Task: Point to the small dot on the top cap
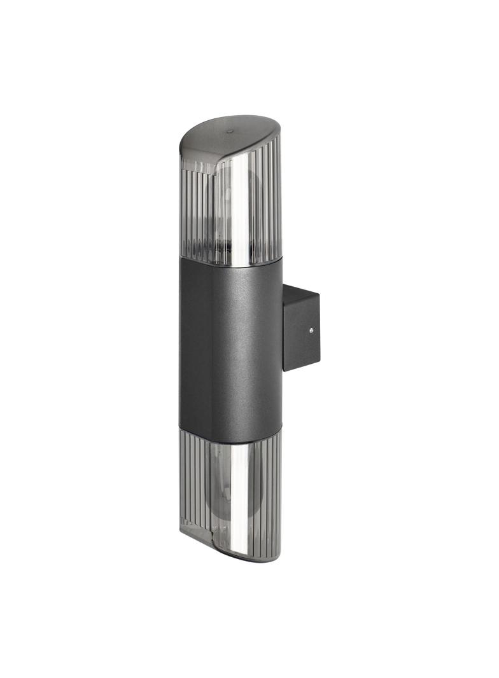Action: [230, 132]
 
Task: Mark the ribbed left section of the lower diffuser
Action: [195, 483]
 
